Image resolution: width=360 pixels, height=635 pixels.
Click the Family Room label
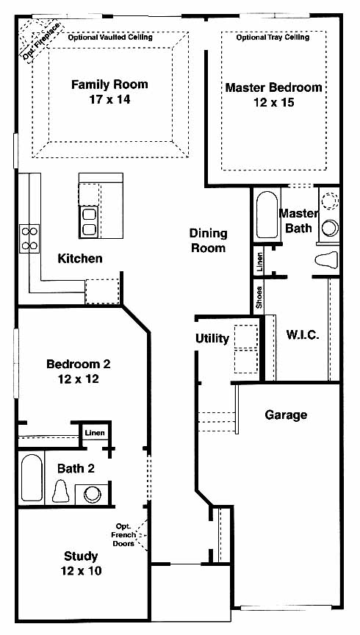point(109,85)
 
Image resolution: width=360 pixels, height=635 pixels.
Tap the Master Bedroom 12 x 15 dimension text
point(274,102)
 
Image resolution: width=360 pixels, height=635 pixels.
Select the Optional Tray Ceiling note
point(273,37)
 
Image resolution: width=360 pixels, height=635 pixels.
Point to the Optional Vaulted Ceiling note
point(110,37)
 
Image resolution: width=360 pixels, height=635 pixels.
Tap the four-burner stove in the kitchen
point(29,239)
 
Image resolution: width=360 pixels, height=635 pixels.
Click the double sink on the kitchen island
point(90,222)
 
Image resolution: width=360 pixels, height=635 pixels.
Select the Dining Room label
point(208,240)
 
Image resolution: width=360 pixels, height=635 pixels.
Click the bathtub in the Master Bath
point(267,215)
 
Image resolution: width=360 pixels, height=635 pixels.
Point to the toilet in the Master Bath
point(326,259)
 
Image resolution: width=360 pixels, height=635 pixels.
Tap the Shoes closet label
point(259,298)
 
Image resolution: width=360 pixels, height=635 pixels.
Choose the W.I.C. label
point(303,335)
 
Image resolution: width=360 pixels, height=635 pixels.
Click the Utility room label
point(212,339)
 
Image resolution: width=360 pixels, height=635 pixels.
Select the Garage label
point(286,415)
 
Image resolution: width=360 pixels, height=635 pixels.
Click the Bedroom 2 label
point(79,364)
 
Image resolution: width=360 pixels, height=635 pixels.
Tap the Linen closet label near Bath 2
point(95,433)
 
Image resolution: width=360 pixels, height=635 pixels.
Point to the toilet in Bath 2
point(61,491)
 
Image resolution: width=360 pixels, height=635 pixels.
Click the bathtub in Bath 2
point(32,478)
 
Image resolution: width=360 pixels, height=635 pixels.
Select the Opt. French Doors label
point(124,535)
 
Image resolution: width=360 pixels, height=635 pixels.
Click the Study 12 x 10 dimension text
point(81,571)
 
